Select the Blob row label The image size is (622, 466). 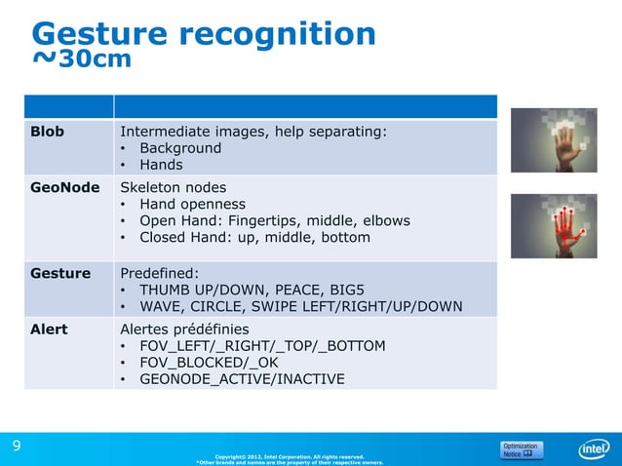(48, 132)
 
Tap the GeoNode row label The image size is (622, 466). (64, 187)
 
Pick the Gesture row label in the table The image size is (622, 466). (60, 274)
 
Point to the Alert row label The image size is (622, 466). (49, 330)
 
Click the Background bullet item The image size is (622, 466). (179, 148)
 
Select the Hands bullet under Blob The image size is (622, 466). (161, 165)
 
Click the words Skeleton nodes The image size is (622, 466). (173, 187)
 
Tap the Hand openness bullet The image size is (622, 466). (192, 204)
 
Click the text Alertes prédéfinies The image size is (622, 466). (184, 330)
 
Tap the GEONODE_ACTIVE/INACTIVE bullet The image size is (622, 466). (242, 378)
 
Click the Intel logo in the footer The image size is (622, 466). (593, 449)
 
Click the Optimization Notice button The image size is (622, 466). (522, 450)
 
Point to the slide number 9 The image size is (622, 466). (16, 446)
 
